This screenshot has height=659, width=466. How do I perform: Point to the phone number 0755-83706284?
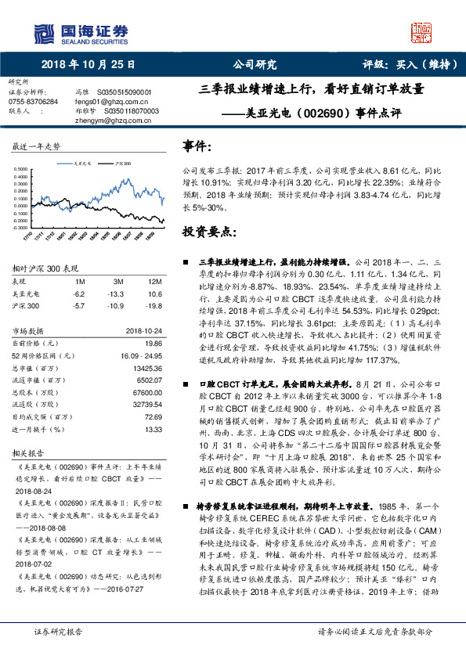pos(34,102)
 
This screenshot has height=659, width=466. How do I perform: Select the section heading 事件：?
pos(197,146)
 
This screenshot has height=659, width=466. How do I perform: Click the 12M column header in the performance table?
pos(154,280)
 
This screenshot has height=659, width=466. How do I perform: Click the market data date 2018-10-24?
pos(143,330)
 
